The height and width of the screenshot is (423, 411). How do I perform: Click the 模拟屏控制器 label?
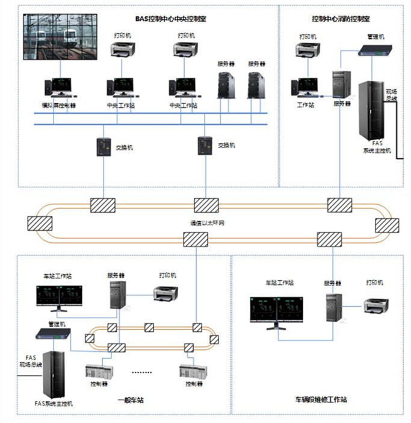55,105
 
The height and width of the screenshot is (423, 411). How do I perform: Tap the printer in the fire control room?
306,51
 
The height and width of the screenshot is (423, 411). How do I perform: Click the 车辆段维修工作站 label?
321,399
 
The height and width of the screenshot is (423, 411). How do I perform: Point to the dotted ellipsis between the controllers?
143,372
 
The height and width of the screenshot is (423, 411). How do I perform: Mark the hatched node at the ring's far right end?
387,225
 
